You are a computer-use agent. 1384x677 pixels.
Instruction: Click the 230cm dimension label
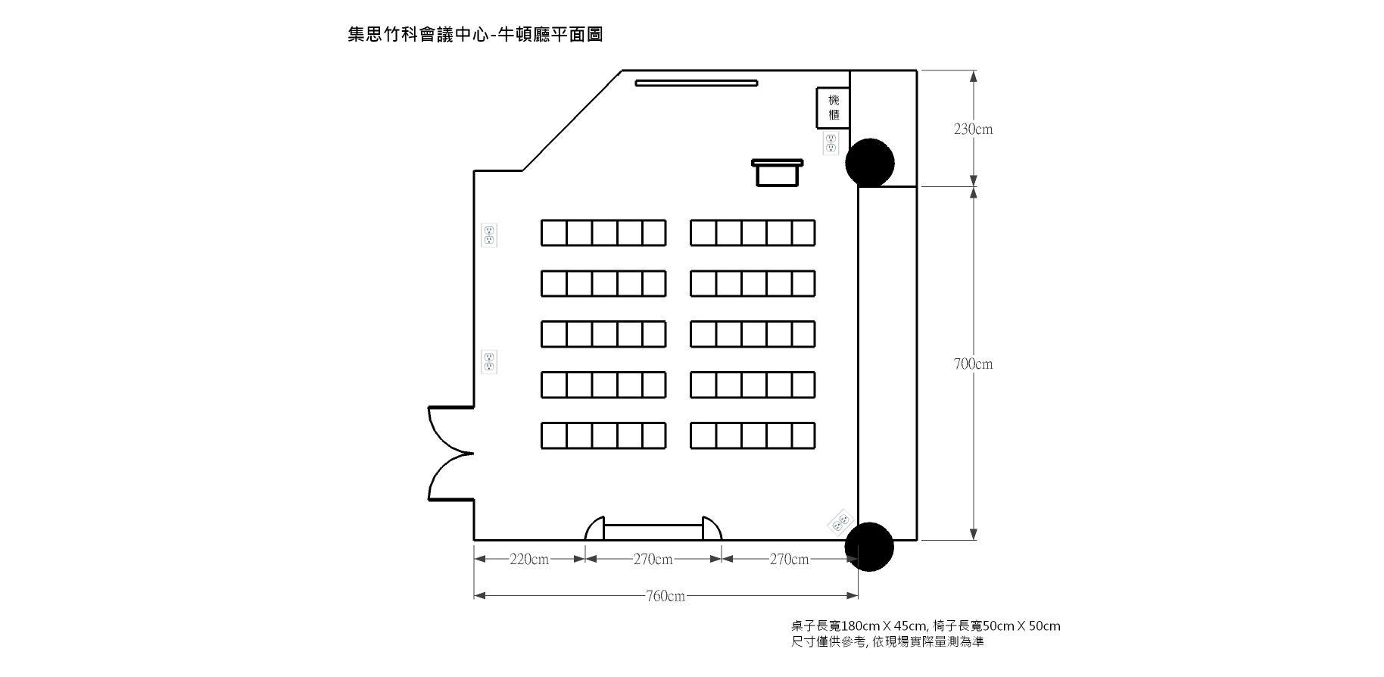pos(973,129)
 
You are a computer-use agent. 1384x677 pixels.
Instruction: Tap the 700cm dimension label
pos(973,364)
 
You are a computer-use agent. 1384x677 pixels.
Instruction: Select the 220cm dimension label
pos(529,560)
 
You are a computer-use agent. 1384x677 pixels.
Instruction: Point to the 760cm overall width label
pos(666,596)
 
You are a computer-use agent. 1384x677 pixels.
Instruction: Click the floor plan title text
pos(475,35)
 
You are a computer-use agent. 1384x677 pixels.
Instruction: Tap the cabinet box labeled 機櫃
pos(833,108)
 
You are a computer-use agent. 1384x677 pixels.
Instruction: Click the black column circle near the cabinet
pos(869,162)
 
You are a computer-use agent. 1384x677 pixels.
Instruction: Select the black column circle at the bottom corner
pos(869,547)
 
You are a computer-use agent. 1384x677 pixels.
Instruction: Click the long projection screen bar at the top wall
pos(697,83)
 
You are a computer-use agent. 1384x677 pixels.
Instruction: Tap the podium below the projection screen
pos(777,173)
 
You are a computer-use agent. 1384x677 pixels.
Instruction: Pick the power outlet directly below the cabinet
pos(831,143)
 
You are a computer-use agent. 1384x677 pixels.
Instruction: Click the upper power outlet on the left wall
pos(489,235)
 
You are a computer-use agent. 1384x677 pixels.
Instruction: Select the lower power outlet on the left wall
pos(489,362)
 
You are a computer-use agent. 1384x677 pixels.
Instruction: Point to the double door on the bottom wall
pos(653,528)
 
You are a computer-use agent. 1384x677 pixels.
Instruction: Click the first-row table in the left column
pos(603,233)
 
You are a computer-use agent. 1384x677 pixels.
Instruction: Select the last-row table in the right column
pos(753,436)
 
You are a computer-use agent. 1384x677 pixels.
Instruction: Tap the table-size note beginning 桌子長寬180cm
pos(926,626)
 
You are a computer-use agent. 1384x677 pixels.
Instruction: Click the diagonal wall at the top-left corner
pos(572,121)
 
